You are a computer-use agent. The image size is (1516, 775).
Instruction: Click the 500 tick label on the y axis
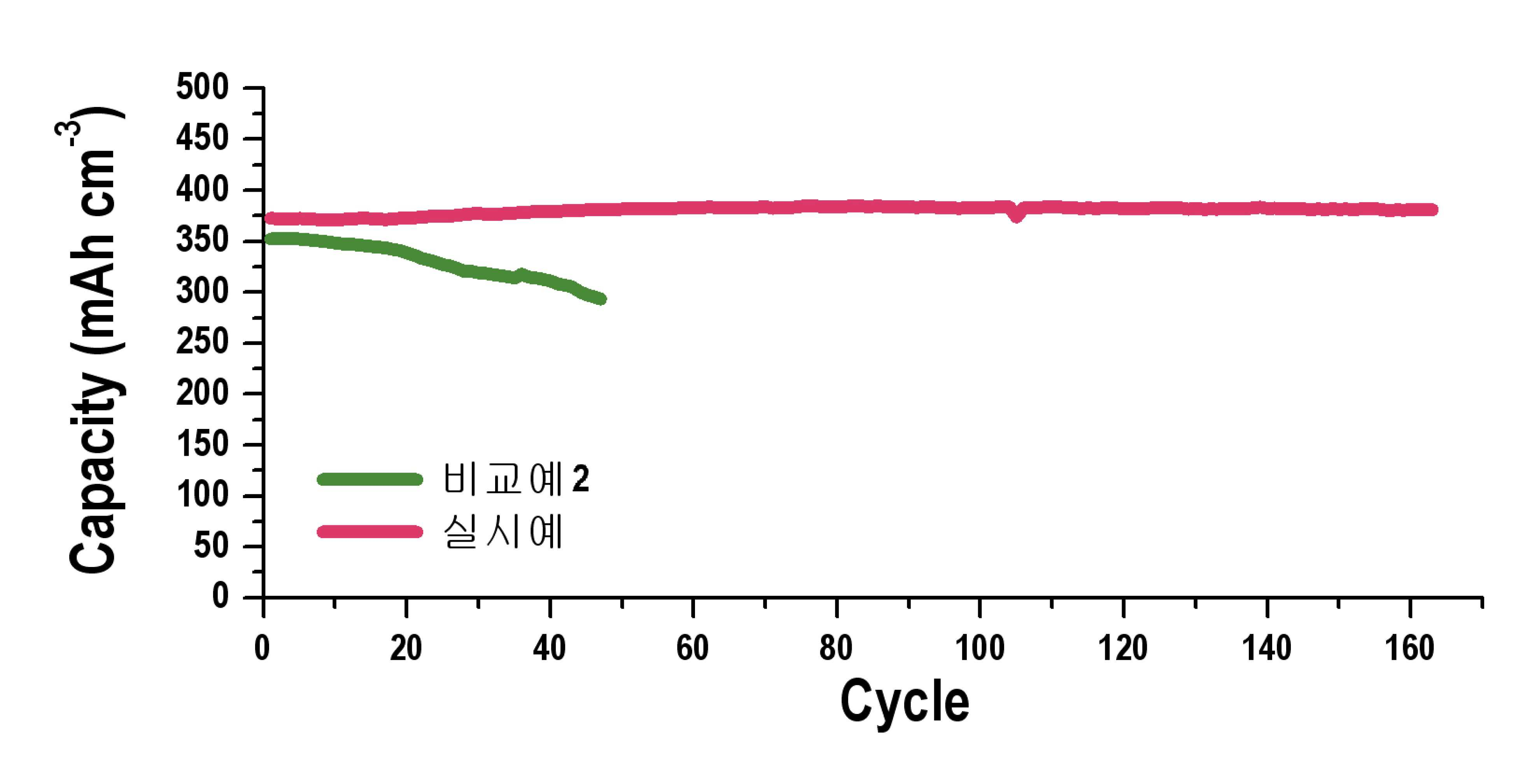[x=202, y=87]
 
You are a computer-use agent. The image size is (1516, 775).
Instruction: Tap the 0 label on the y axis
[x=219, y=596]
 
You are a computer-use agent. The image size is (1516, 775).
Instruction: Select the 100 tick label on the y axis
[x=202, y=495]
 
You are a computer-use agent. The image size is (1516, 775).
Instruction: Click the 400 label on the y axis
[x=202, y=189]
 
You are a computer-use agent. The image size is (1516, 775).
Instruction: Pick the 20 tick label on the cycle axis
[x=406, y=648]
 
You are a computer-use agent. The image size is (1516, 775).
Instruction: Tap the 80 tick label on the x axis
[x=836, y=648]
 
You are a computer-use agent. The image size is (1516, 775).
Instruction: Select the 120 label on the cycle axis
[x=1123, y=648]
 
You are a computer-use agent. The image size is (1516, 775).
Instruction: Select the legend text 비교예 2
[x=516, y=479]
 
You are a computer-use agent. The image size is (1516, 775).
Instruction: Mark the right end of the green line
[x=601, y=299]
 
